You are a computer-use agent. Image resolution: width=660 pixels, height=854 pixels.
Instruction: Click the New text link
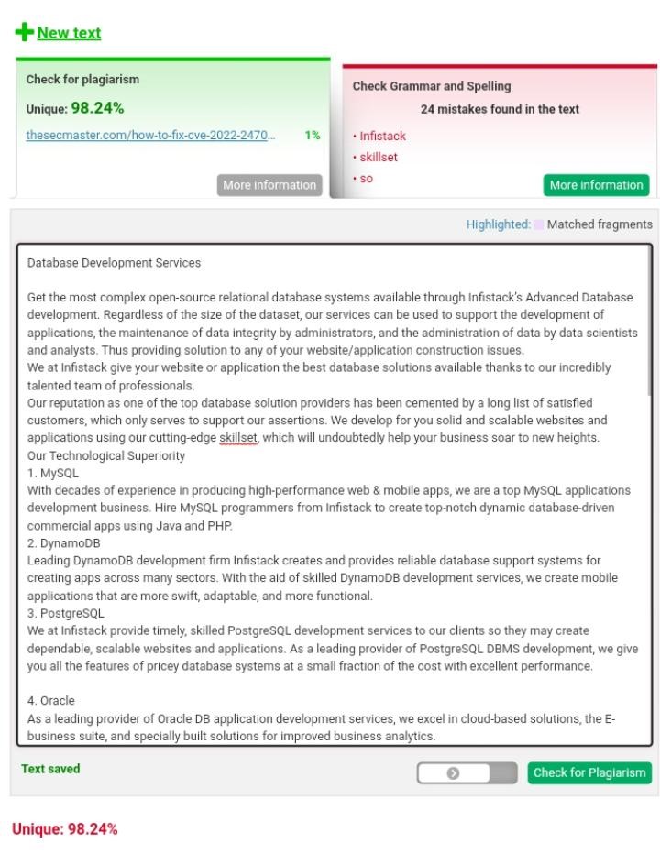[69, 33]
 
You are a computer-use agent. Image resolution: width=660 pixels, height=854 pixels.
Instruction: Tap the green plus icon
[23, 33]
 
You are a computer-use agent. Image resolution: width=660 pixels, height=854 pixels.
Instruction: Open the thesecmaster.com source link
[150, 136]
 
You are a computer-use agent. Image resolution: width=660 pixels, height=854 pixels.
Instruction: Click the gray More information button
[269, 185]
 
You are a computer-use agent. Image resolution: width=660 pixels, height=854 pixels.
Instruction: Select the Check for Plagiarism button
[589, 772]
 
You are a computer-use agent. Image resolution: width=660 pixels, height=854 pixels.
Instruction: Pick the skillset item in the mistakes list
[379, 157]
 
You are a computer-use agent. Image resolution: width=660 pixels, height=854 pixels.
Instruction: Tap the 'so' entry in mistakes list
[366, 178]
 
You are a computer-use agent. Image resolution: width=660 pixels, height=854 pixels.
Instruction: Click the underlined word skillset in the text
[238, 438]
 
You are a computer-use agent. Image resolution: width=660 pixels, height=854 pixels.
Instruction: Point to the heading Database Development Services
[114, 263]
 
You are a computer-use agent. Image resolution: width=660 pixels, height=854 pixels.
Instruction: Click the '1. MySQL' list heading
[53, 473]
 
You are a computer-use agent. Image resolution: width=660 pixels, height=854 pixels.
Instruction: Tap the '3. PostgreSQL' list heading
[66, 613]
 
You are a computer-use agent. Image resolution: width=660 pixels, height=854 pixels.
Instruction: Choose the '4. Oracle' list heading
[51, 701]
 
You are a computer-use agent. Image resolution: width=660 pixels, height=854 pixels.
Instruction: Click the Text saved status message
[50, 769]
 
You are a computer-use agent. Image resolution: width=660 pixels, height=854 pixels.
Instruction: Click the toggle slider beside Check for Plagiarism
[466, 773]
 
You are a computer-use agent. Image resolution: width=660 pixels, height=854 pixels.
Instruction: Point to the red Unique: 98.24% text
[64, 829]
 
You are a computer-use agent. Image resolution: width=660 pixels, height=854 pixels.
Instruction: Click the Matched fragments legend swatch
[539, 224]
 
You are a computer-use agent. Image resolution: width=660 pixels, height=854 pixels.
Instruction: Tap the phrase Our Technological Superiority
[106, 455]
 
